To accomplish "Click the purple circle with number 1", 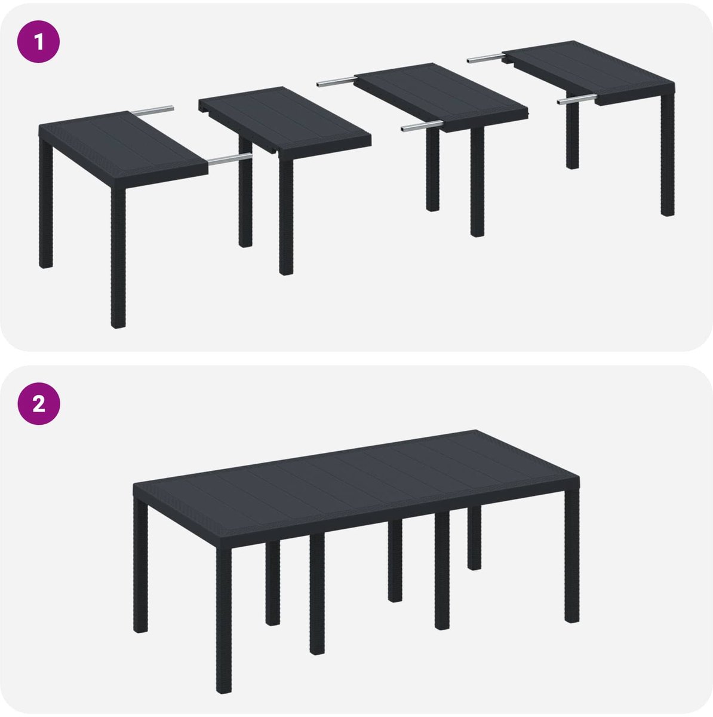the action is pos(38,41).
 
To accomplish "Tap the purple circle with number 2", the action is pos(39,403).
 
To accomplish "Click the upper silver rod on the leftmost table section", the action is pos(151,110).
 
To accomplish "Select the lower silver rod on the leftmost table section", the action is pos(229,160).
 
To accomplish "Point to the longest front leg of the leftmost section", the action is pos(118,257).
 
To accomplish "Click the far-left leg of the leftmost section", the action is pos(45,203).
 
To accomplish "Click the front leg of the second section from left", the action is pos(286,216).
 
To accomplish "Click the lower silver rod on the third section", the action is pos(422,126).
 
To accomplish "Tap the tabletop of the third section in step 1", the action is pos(441,97).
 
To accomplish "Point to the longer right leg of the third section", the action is pos(477,182).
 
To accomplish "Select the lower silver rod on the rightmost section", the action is pos(577,100).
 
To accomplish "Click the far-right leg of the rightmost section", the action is pos(668,154).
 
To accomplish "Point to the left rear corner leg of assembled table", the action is pos(140,566).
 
